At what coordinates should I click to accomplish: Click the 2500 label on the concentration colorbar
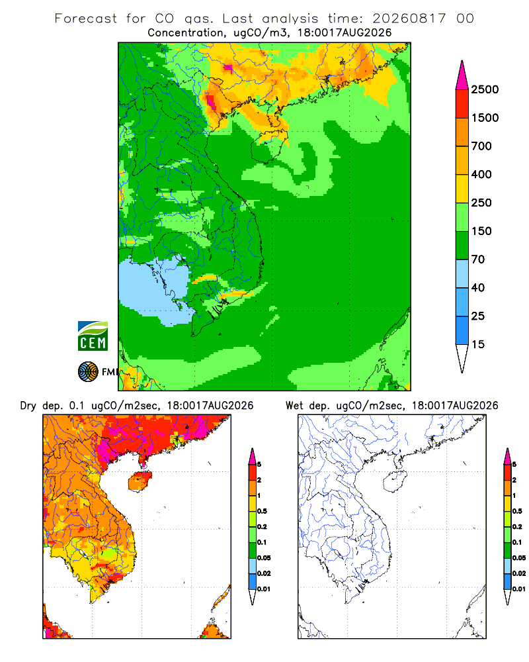point(485,89)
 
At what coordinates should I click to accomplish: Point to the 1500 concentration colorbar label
point(485,118)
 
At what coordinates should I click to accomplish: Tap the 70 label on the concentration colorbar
point(478,260)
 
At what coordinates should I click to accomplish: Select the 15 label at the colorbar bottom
point(478,344)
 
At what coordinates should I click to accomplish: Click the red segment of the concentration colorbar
point(462,104)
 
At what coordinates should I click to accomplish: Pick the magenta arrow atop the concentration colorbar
point(462,76)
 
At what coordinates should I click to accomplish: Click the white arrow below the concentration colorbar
point(462,358)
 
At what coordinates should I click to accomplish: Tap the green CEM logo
point(93,336)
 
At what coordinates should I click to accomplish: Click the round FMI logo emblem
point(88,372)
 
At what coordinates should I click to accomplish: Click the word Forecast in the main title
point(86,19)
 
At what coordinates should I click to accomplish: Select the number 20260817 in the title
point(409,19)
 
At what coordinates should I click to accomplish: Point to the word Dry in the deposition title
point(28,406)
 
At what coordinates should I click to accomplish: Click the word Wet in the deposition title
point(294,406)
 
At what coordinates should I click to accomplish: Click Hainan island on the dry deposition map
point(140,481)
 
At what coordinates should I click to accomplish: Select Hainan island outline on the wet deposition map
point(395,481)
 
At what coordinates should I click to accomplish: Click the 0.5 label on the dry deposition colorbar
point(262,511)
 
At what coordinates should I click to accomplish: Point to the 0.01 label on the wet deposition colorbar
point(519,589)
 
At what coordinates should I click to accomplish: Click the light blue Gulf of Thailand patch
point(152,291)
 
